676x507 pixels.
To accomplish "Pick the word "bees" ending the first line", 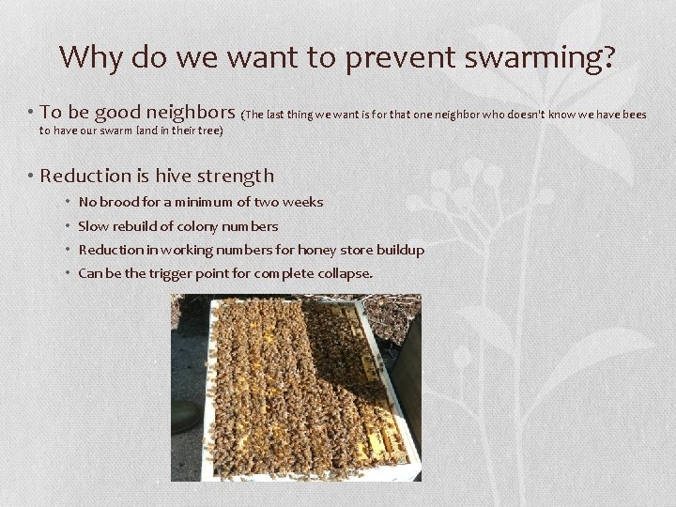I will tap(633, 115).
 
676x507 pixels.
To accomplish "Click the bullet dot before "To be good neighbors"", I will tap(32, 115).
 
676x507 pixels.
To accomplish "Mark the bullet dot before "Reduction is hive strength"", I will tap(32, 177).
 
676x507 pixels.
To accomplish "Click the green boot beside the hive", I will tap(184, 414).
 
